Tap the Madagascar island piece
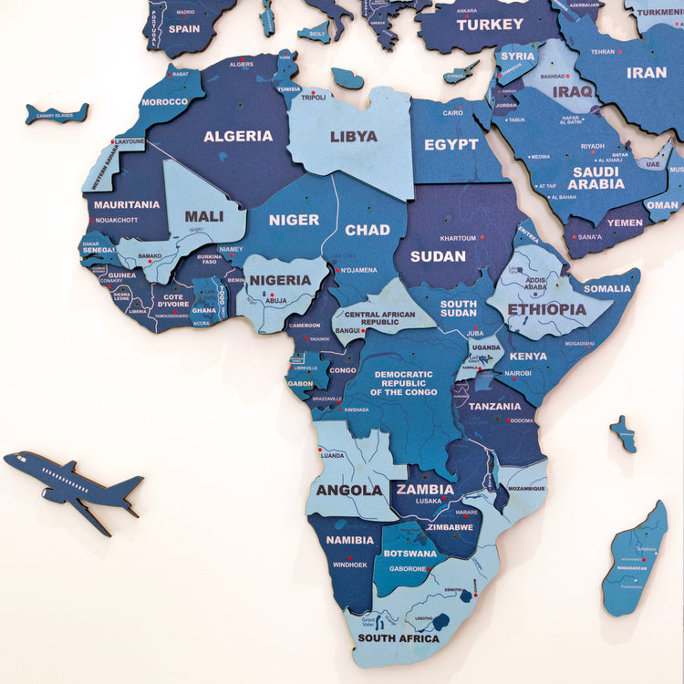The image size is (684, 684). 636,558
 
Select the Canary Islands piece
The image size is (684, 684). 57,114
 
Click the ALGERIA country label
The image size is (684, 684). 238,136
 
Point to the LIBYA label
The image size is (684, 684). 353,136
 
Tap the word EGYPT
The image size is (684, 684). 451,144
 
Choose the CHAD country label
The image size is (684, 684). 368,230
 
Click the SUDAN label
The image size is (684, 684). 438,256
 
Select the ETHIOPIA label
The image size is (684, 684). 547,309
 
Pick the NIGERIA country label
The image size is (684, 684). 281,280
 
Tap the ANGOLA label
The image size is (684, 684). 349,490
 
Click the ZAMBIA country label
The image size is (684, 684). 425,489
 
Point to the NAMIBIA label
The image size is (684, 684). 350,540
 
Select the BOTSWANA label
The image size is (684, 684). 409,553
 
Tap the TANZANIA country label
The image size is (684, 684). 495,407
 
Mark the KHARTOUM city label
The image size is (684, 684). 459,237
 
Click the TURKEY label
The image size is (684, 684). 491,25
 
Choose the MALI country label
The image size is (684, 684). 204,216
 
